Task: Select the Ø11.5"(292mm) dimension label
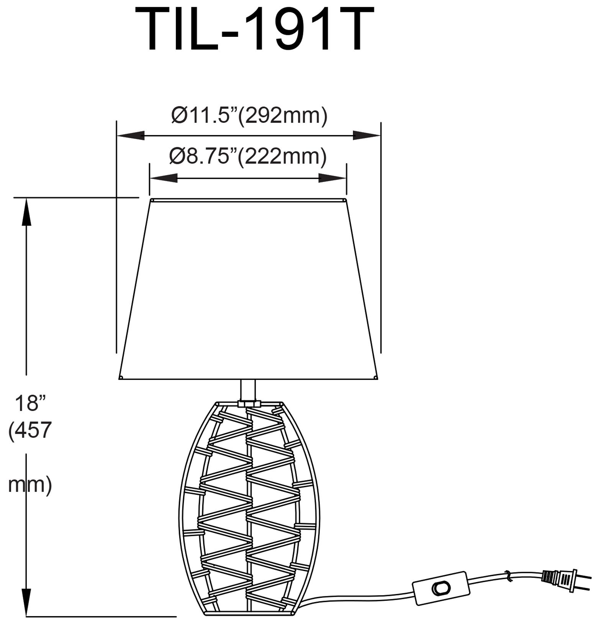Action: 249,115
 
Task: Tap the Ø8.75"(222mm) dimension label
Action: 248,156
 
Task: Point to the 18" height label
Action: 30,403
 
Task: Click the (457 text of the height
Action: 30,430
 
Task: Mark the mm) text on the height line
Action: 30,485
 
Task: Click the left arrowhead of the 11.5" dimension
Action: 130,136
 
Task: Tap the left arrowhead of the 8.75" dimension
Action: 163,178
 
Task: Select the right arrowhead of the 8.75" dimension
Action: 333,178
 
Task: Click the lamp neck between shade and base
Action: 248,389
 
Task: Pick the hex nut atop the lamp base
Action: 248,404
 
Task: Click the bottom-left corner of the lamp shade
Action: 120,378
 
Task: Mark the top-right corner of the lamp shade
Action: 346,200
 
